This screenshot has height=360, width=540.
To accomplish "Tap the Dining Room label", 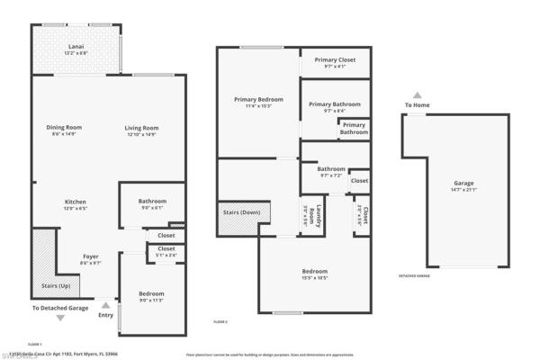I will click(x=65, y=127).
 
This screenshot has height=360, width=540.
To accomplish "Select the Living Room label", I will click(x=141, y=127).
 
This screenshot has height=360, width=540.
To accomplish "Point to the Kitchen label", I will click(x=76, y=201).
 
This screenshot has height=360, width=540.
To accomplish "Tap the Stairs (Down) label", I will click(x=238, y=213).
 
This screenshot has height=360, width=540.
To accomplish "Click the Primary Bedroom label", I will click(x=258, y=99).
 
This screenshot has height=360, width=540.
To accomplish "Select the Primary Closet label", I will click(x=334, y=59).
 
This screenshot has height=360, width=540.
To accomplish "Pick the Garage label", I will click(x=463, y=183).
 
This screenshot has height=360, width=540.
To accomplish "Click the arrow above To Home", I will click(x=417, y=94).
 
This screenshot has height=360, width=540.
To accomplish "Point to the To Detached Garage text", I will click(x=60, y=308).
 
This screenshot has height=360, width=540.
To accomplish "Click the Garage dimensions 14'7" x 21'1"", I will click(x=463, y=190).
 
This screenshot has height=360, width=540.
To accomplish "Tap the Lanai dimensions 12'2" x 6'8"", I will click(x=76, y=52).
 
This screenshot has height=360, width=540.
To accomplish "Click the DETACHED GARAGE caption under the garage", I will click(x=414, y=275).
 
